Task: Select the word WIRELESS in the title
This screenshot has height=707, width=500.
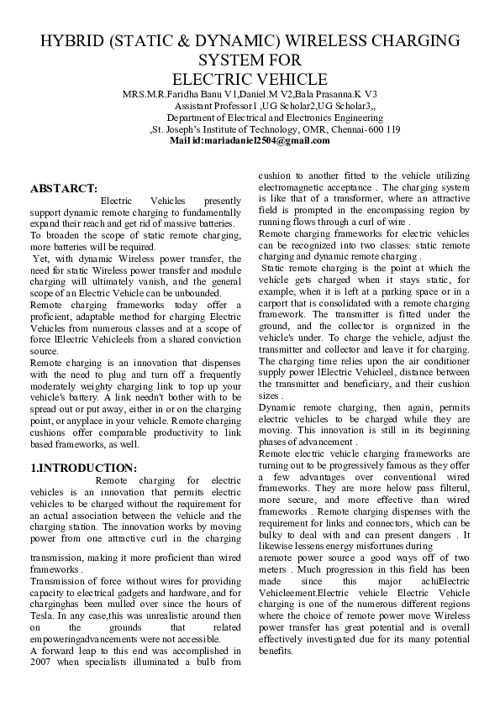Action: [324, 41]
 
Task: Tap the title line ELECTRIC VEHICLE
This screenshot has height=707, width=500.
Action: [250, 79]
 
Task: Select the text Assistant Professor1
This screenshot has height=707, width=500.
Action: [215, 106]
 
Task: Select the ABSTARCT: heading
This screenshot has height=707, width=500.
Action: [64, 189]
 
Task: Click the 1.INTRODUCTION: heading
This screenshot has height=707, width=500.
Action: [83, 467]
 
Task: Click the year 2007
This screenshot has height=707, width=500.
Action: [43, 662]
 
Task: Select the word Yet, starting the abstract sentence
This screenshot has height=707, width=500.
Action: [42, 259]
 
